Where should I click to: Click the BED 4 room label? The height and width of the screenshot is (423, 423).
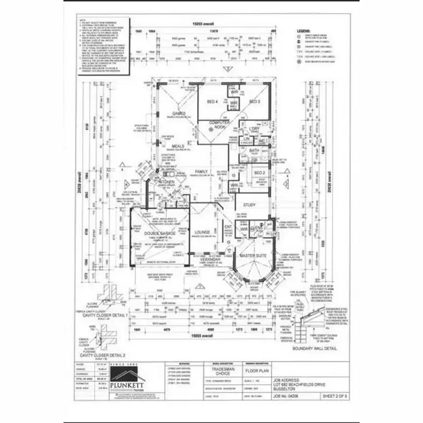point(213,102)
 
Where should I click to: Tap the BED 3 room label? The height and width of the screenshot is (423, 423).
point(254,102)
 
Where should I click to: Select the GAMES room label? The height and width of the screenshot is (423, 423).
point(179,113)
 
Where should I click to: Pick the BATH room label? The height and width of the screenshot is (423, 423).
point(254,151)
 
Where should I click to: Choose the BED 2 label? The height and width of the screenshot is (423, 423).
point(259,173)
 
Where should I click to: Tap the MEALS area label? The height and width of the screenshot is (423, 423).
point(178,146)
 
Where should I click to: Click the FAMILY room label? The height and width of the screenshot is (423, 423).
point(201,171)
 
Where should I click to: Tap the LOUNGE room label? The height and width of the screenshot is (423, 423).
point(202,232)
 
